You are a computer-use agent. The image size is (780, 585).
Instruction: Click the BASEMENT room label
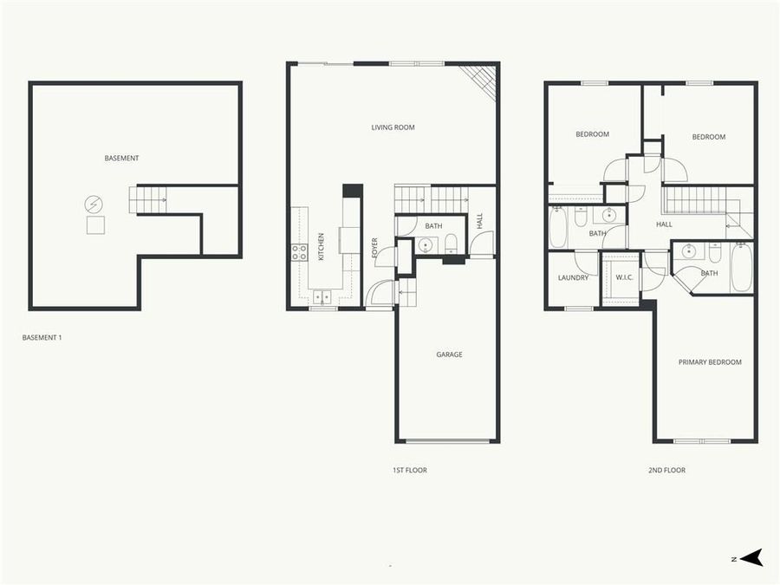click(x=121, y=158)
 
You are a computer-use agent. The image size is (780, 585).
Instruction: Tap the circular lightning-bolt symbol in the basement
click(x=93, y=205)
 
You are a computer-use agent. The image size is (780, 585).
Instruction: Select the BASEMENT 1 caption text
click(x=42, y=337)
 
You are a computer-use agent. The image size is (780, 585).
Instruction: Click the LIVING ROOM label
click(x=393, y=127)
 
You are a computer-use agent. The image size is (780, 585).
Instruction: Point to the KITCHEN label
click(x=322, y=246)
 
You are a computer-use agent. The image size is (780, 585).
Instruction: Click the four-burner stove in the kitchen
click(x=299, y=252)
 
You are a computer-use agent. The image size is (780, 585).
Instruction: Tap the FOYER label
click(x=375, y=248)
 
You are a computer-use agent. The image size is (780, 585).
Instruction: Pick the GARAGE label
click(x=449, y=354)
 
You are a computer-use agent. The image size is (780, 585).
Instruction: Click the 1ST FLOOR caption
click(x=409, y=471)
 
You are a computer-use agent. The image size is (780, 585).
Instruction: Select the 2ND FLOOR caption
click(x=666, y=471)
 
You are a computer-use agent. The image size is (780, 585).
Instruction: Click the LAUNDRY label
click(x=573, y=278)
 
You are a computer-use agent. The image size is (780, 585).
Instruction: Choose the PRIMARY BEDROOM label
click(x=710, y=362)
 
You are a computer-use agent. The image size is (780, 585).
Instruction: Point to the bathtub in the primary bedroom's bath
click(x=741, y=268)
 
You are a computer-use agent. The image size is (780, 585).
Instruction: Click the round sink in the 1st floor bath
click(x=425, y=246)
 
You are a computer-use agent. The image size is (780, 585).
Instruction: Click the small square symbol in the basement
click(x=95, y=226)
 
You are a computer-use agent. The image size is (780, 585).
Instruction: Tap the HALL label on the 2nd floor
click(x=664, y=224)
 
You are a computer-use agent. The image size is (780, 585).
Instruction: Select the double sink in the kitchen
click(x=322, y=297)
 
